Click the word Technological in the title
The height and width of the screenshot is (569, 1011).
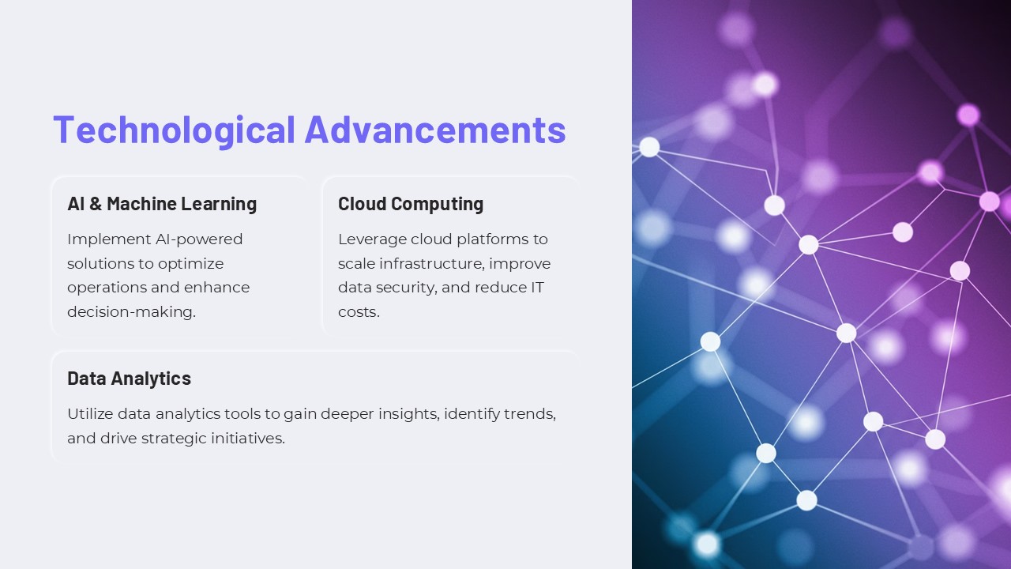[x=174, y=130]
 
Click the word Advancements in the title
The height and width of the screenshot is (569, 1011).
[x=435, y=130]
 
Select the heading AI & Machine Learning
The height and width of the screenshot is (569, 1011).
[x=162, y=204]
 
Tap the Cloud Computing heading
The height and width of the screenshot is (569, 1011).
[x=411, y=204]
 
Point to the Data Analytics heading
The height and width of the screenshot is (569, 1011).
[x=129, y=379]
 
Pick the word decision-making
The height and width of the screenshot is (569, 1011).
[x=131, y=312]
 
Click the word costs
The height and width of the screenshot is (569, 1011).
[x=359, y=312]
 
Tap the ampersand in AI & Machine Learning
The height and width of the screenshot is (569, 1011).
[x=96, y=204]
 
